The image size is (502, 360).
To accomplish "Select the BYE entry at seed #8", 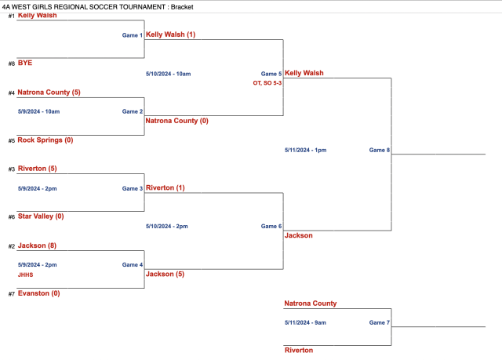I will coord(24,63).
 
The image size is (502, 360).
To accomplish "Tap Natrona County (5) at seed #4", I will coord(49,93).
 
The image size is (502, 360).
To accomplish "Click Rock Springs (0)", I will coord(45,140).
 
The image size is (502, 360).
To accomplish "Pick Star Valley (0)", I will coord(40,216).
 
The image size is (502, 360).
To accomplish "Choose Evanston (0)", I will coord(38,293).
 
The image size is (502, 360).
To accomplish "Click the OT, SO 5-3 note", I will coord(267,82).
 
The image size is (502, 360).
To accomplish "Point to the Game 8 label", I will coord(380,150).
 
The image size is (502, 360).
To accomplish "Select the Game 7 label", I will coord(380,322).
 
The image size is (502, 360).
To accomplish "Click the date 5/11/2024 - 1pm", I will coord(305,150).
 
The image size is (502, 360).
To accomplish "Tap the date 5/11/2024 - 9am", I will coord(305,322).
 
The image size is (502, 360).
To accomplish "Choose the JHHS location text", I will coord(25,275).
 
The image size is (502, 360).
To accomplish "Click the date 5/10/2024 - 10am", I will coord(168,74).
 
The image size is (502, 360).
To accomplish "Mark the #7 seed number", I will coord(11,294).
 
